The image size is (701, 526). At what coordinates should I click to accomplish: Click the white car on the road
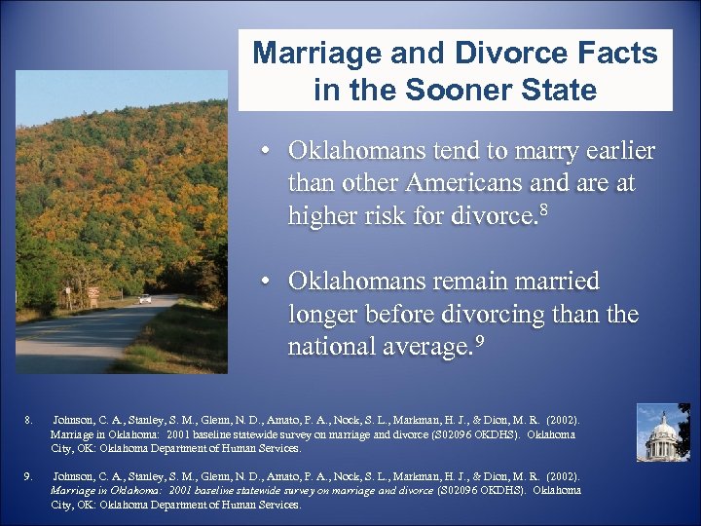click(x=145, y=298)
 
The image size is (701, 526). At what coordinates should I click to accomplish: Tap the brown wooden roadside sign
click(x=93, y=292)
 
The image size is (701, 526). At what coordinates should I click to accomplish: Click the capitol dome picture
click(x=662, y=432)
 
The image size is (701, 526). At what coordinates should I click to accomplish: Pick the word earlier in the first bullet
click(x=611, y=152)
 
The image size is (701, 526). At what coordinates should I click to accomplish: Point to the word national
click(x=331, y=347)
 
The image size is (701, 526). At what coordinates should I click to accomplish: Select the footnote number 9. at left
click(x=28, y=476)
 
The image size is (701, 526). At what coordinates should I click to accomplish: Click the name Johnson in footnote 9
click(x=74, y=476)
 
